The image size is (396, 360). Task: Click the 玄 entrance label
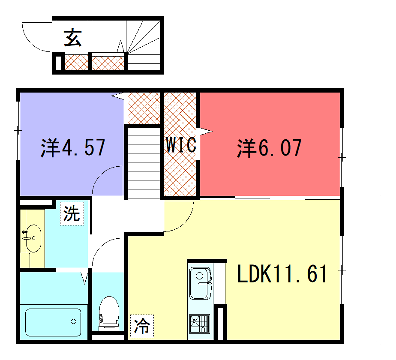coord(72,39)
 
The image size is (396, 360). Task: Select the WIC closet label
coord(181,144)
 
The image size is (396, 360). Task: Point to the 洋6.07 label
coord(269,148)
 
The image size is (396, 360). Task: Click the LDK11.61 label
coord(283,274)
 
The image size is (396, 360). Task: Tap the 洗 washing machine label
coord(71,213)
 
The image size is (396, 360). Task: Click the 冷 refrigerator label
coord(142,324)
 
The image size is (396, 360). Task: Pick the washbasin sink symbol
coord(32,240)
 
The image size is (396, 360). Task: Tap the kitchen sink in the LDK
coord(200,280)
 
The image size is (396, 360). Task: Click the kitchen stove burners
coord(199,322)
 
